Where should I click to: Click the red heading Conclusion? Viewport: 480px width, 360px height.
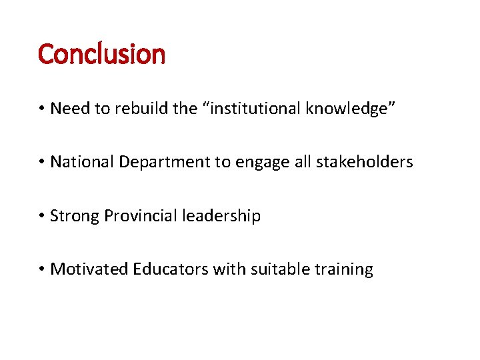(101, 54)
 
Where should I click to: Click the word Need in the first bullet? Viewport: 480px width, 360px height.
(70, 108)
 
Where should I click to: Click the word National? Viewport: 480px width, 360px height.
(83, 162)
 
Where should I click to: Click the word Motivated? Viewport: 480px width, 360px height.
(89, 269)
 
